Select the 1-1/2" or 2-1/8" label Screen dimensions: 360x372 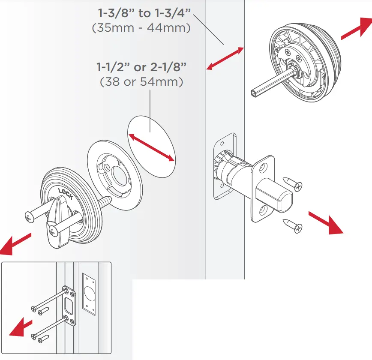click(x=141, y=67)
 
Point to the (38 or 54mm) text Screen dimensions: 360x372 click(x=141, y=81)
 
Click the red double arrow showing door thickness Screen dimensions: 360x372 click(x=225, y=58)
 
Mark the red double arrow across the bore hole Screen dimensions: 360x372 click(x=152, y=147)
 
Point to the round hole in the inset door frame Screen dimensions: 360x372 click(x=88, y=296)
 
